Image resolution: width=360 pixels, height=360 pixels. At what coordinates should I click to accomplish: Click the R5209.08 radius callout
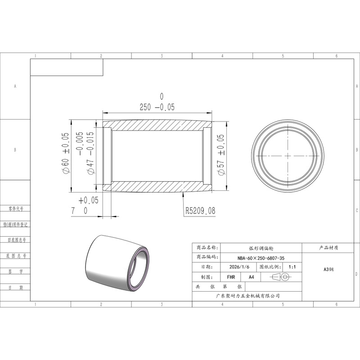(x=200, y=211)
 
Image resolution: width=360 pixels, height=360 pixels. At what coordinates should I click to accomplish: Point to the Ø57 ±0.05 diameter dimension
(x=220, y=155)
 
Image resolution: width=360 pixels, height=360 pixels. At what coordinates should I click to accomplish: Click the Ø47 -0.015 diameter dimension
(x=90, y=153)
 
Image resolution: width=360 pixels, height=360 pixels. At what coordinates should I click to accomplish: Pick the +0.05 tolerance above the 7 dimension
(x=88, y=200)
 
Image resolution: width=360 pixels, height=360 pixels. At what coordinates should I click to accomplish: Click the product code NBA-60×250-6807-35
(x=261, y=258)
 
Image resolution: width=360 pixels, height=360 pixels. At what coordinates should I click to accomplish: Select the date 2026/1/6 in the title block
(x=239, y=267)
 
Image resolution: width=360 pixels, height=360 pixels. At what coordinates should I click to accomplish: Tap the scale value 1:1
(x=292, y=267)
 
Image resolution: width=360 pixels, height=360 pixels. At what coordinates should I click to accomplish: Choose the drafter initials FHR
(x=231, y=277)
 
